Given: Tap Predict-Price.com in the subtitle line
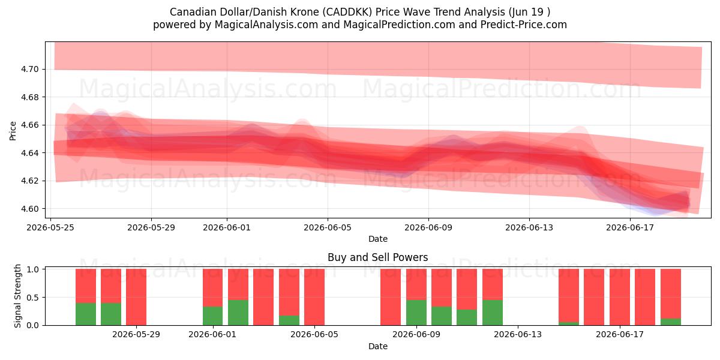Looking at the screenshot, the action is pos(524,25).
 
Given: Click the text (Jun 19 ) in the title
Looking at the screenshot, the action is pos(529,12).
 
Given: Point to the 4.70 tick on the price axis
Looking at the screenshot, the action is pos(30,69).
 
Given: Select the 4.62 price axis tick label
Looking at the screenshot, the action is pos(30,181).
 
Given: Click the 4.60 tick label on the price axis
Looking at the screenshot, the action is pos(30,209).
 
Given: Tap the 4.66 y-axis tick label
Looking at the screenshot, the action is pos(30,125).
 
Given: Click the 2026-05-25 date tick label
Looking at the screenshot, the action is pos(50,227).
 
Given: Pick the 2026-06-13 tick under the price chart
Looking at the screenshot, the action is pos(529,227).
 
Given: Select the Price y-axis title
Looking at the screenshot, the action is pos(13,131).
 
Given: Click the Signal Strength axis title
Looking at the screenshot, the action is pos(17,296).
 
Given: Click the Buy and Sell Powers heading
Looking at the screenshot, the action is pos(377,257).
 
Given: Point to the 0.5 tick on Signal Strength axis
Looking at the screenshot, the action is pos(33,298).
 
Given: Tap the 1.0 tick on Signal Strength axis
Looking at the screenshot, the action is pos(33,269).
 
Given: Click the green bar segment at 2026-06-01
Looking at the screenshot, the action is pos(212,316).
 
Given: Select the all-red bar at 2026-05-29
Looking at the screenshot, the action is pos(136,297).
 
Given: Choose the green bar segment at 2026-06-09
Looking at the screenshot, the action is pos(416,313).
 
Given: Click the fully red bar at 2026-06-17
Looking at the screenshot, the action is pos(620,297).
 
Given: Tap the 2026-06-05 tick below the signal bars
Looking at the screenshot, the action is pos(314,335).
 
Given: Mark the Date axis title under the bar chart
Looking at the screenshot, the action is pos(377,347).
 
